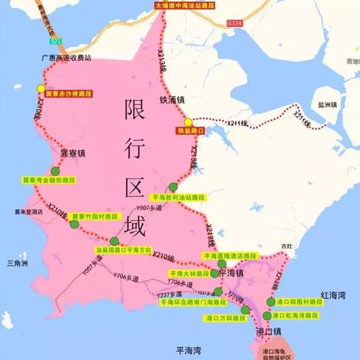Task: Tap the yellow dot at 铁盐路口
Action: (188, 122)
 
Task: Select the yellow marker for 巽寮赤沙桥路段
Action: (40, 88)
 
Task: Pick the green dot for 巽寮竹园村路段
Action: (74, 223)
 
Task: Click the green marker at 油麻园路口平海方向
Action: (114, 241)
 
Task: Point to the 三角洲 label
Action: (16, 263)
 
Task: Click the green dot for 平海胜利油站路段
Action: (173, 187)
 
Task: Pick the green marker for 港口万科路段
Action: (246, 309)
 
